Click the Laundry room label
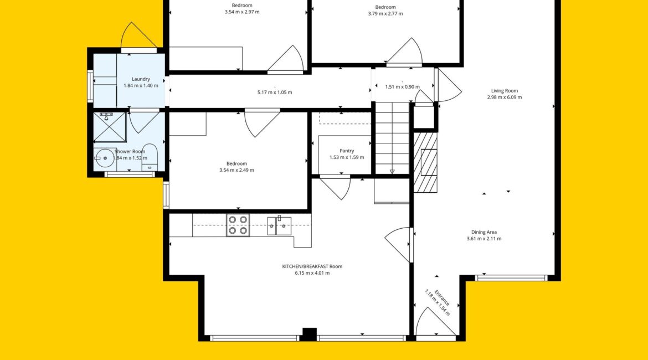(x=141, y=79)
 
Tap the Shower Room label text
(x=130, y=151)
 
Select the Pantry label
(x=347, y=151)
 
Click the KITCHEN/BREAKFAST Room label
(x=312, y=266)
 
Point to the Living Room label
(x=504, y=91)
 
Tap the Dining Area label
(x=484, y=232)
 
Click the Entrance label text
(x=442, y=298)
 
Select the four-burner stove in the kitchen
(x=238, y=225)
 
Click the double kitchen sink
(x=279, y=225)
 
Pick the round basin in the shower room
(x=105, y=158)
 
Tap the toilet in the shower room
(x=149, y=157)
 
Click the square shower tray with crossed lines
(x=110, y=127)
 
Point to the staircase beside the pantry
(x=392, y=138)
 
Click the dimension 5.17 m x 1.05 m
(x=274, y=92)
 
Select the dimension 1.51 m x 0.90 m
(x=402, y=87)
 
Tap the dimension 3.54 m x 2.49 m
(x=236, y=170)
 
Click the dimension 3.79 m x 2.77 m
(x=385, y=14)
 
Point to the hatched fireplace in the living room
(x=425, y=162)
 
